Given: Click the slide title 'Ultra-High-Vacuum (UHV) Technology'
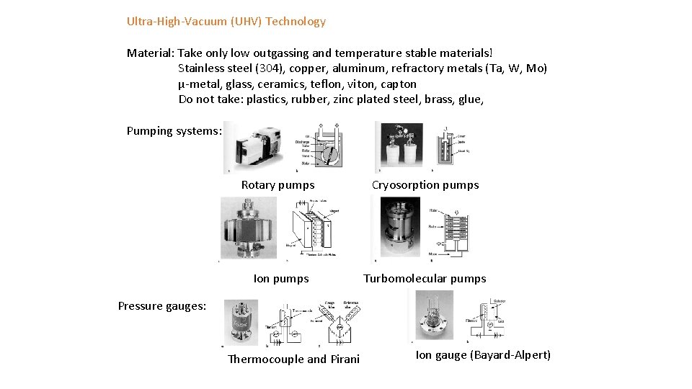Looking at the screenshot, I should click(x=226, y=22).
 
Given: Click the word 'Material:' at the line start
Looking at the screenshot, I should click(x=150, y=53).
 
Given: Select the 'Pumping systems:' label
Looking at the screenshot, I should click(x=173, y=130).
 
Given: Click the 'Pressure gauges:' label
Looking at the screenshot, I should click(x=161, y=305).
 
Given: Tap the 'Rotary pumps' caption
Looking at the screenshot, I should click(x=278, y=185).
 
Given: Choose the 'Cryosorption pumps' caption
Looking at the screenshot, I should click(x=425, y=185).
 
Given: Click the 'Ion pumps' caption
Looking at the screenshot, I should click(x=281, y=279).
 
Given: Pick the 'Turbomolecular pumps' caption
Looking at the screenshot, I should click(x=425, y=279).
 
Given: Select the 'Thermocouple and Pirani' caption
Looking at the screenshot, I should click(x=293, y=359).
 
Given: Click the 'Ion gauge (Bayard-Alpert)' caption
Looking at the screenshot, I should click(x=483, y=355).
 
